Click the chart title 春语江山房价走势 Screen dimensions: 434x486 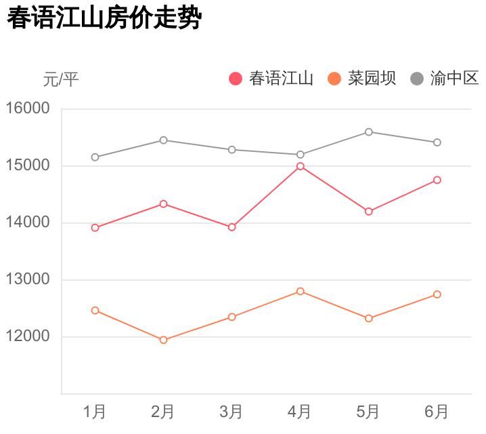[104, 18]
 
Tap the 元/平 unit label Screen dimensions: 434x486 [61, 79]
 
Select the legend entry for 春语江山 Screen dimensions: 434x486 [271, 79]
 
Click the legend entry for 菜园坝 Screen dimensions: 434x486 [362, 79]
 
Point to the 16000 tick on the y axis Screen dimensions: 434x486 [28, 108]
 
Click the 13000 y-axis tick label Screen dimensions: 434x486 [28, 279]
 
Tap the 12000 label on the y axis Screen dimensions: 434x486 [28, 336]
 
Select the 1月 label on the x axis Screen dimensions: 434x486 [95, 412]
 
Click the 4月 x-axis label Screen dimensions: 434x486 [300, 412]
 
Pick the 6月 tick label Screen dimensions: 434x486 [437, 412]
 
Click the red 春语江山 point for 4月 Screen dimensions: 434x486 [301, 166]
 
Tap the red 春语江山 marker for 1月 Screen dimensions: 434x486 [95, 228]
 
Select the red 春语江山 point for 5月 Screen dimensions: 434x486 [369, 212]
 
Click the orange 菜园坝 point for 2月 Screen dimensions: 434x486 [163, 340]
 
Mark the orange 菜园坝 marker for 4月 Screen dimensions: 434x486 [301, 291]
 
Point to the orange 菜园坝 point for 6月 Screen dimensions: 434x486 [437, 294]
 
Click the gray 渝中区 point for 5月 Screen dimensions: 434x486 [369, 132]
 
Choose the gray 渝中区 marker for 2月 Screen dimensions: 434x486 [163, 140]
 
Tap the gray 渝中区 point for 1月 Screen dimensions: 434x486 [95, 157]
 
